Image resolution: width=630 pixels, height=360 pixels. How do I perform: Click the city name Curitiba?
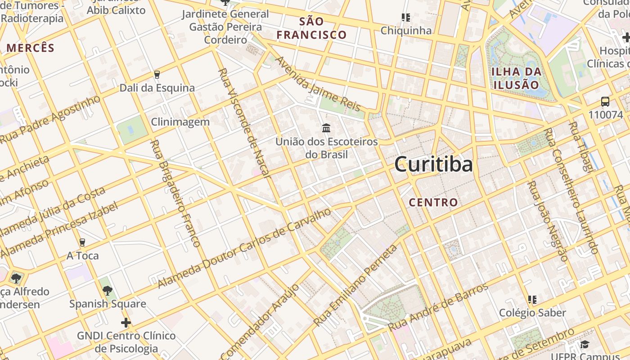433,165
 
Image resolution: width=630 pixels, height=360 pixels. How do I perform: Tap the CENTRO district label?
433,202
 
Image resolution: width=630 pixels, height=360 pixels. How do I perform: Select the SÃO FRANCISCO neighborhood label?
311,28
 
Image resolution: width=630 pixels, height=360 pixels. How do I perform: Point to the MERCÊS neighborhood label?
30,48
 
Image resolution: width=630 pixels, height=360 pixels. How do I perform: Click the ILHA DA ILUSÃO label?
516,78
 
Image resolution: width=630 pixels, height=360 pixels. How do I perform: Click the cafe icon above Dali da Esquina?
157,74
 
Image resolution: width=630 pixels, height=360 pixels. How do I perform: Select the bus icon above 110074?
605,102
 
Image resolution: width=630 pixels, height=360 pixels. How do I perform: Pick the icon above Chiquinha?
406,18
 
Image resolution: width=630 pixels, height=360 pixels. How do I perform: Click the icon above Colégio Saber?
532,299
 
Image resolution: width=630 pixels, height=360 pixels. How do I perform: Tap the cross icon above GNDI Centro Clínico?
126,322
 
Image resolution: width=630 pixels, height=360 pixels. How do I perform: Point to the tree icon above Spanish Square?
108,290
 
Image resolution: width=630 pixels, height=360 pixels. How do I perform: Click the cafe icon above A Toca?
82,243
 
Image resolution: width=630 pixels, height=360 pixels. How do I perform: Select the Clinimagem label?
180,121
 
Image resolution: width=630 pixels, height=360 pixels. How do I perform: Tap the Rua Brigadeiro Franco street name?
175,193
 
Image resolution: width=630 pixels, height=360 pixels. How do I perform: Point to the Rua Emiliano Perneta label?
355,286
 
